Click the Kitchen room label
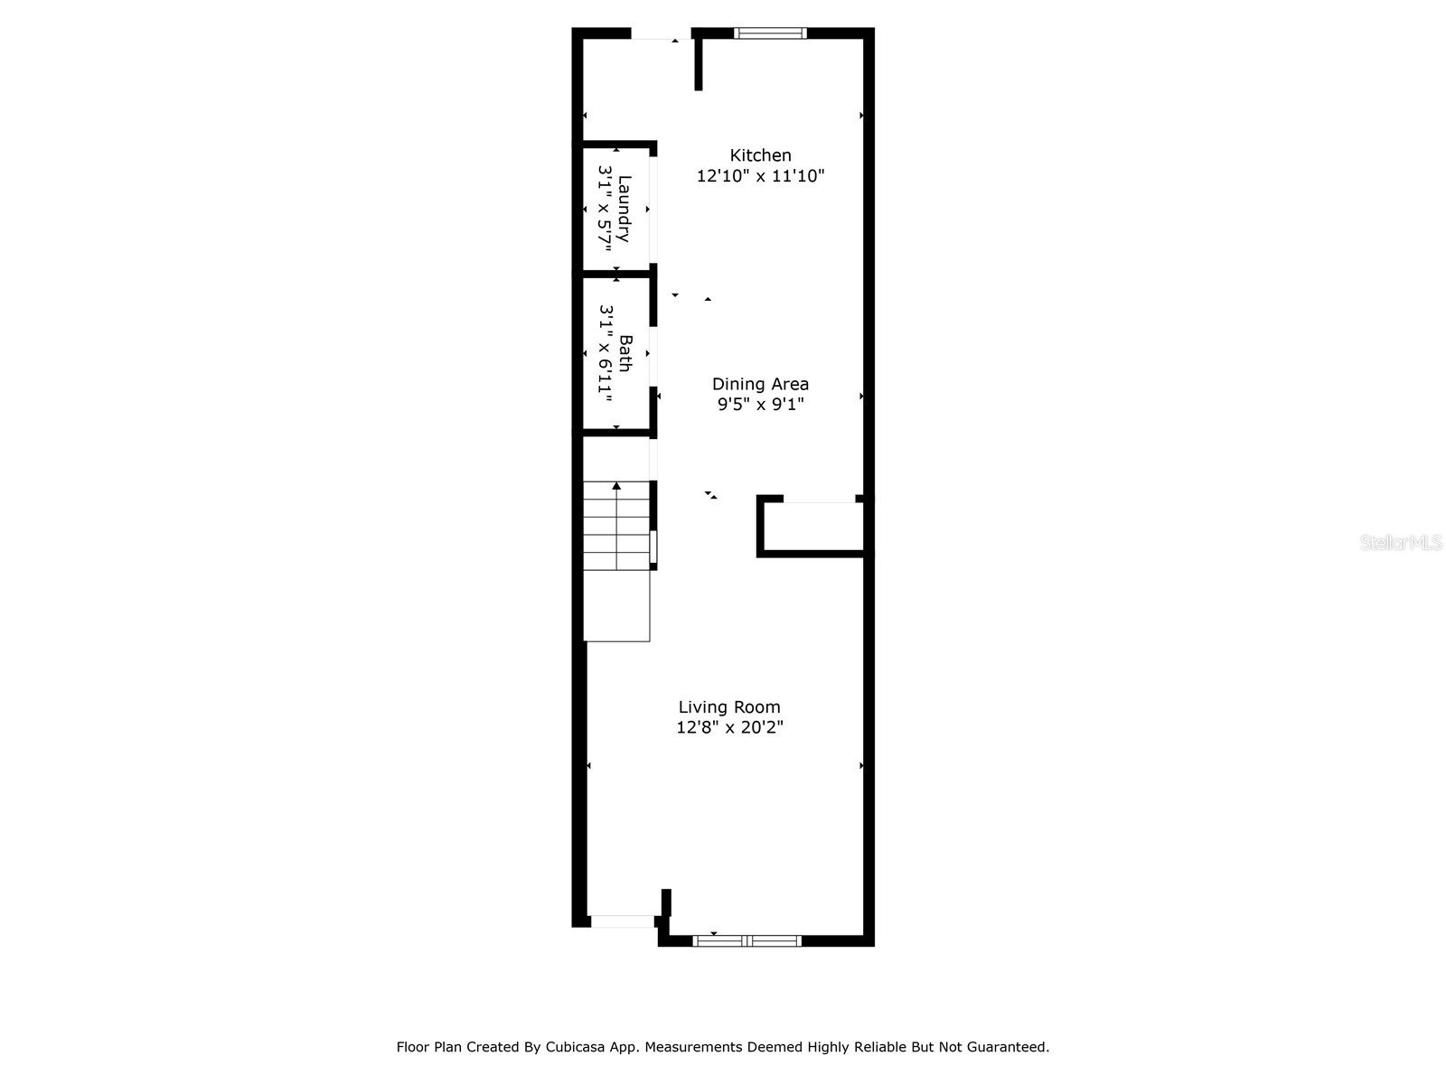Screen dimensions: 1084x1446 tap(760, 155)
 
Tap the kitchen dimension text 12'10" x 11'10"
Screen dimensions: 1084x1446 tap(760, 176)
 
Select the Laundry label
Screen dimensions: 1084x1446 tap(624, 209)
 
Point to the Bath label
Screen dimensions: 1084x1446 tap(624, 353)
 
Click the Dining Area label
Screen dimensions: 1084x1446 tap(760, 384)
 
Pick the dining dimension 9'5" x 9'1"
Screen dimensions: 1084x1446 tap(760, 405)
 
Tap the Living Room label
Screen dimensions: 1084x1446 tap(729, 707)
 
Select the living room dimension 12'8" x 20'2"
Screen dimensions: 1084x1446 tap(729, 727)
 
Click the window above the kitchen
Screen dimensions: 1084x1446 tap(770, 33)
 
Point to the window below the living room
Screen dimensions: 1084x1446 tap(746, 941)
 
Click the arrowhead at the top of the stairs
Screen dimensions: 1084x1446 tap(616, 486)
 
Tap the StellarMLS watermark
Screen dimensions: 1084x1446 tap(1401, 543)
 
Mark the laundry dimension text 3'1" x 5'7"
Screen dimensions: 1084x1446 tap(605, 209)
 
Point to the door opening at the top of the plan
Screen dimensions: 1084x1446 tap(661, 34)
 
